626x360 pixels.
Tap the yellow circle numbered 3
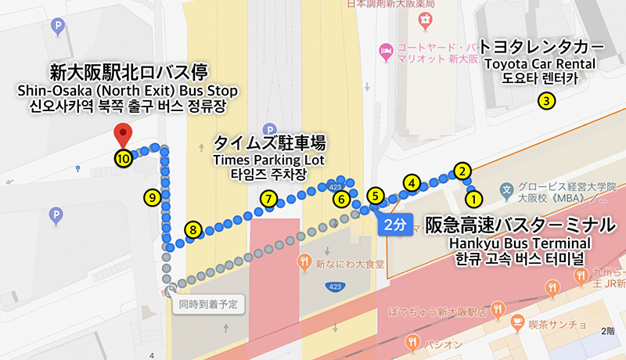(547, 99)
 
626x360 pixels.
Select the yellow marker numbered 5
(375, 196)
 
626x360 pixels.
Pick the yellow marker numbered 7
(268, 199)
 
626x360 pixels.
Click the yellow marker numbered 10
(123, 158)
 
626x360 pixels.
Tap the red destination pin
(122, 133)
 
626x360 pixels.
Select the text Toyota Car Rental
(539, 63)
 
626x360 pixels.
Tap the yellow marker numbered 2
(462, 171)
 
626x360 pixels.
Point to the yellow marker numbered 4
(412, 182)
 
